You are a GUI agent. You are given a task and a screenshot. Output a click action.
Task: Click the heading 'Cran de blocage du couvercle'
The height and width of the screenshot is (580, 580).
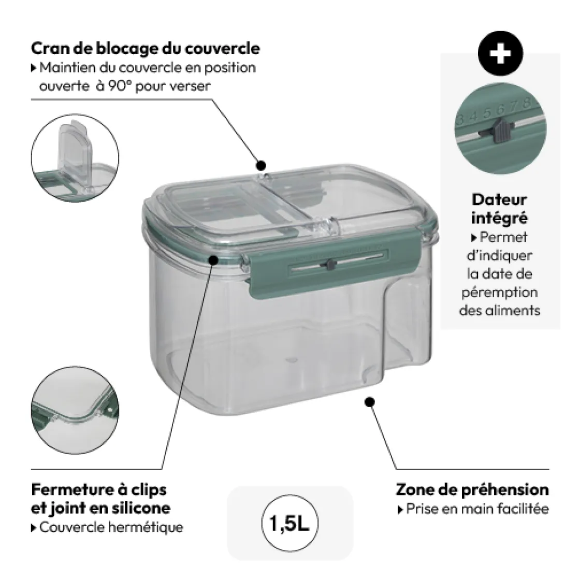(x=146, y=48)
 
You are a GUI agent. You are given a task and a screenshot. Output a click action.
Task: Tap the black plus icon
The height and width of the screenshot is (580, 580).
(x=500, y=54)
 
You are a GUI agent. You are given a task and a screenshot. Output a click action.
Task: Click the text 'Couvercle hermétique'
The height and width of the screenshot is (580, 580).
(x=111, y=527)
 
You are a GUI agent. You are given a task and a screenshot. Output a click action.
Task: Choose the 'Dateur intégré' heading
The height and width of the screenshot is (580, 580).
(x=500, y=208)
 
